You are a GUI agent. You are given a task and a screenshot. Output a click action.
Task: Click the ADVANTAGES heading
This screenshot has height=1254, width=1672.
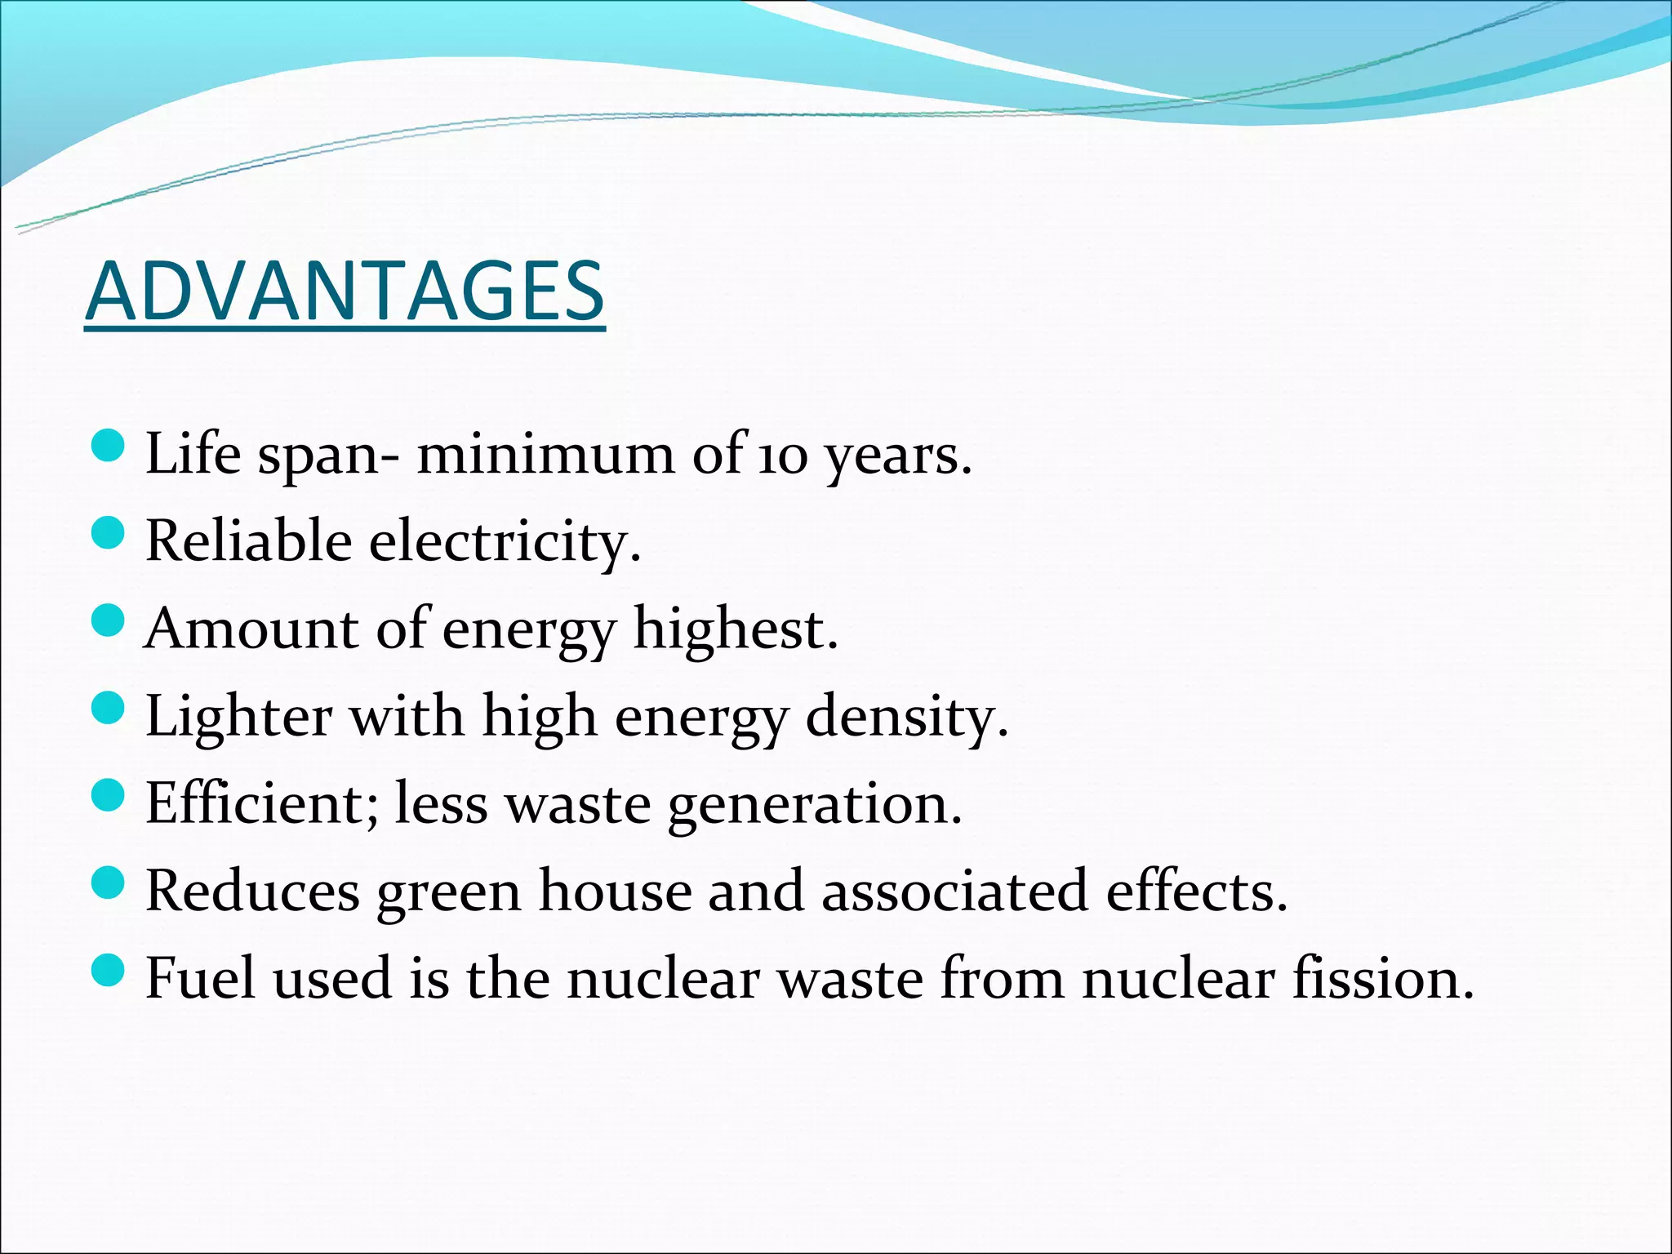pos(345,291)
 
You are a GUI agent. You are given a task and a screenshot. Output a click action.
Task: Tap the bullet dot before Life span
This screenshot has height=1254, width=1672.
pos(108,446)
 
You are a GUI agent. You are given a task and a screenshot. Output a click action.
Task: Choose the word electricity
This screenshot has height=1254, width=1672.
pos(504,542)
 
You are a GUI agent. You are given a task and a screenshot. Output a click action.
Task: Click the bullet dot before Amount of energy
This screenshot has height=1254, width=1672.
pos(108,621)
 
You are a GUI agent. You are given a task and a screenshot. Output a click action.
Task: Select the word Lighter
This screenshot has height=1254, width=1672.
pos(238,716)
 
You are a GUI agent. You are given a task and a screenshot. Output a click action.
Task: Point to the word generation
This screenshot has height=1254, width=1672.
pos(814,805)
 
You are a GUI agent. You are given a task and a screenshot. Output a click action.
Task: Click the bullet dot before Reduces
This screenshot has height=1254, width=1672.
pos(108,882)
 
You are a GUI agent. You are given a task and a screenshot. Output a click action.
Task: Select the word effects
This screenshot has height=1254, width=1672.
pos(1196,891)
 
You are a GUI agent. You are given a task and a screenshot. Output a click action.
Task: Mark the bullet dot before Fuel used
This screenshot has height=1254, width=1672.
pos(108,971)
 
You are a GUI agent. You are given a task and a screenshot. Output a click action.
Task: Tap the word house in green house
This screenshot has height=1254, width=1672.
pos(615,891)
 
